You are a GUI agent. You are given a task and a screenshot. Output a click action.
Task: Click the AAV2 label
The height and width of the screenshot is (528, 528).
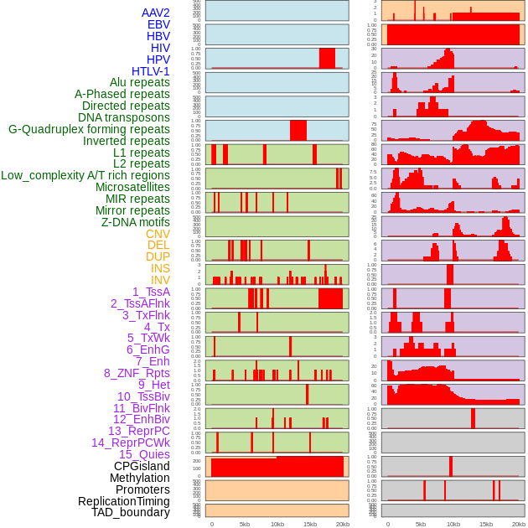156,13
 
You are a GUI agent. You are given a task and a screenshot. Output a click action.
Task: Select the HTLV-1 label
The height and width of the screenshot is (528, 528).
151,71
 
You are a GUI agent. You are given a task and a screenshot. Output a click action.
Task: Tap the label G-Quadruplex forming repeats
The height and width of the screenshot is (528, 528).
89,129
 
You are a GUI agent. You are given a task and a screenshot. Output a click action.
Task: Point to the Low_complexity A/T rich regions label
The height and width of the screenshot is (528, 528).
85,175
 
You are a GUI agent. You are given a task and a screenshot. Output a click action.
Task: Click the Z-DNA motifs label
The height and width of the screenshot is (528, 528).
136,222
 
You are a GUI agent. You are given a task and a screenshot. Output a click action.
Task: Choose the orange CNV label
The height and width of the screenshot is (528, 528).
158,234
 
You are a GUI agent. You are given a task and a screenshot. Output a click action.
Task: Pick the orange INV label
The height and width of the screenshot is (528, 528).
160,280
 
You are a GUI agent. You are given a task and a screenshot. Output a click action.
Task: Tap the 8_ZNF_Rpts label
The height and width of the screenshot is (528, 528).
137,373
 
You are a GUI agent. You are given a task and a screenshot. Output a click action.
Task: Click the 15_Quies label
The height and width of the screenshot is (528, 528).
143,454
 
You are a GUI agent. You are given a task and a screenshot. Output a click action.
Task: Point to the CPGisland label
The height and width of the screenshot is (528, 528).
142,466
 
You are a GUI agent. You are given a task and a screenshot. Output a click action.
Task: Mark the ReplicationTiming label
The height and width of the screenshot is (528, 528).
123,501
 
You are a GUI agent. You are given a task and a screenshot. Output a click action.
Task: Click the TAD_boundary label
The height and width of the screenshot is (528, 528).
131,512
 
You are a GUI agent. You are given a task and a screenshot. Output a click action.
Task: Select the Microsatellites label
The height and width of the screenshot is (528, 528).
132,187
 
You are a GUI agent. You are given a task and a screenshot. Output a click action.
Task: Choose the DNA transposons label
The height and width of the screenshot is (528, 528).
124,117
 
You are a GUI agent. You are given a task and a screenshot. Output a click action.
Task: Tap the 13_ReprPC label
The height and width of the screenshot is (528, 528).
138,431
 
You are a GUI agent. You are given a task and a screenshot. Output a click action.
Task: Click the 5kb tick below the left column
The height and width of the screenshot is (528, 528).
245,524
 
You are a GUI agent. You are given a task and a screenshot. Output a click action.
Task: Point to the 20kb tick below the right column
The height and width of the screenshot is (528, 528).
519,524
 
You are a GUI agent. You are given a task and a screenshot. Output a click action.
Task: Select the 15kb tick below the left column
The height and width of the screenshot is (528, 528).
310,524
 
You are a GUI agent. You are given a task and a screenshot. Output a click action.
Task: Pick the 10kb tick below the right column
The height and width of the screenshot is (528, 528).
453,524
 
